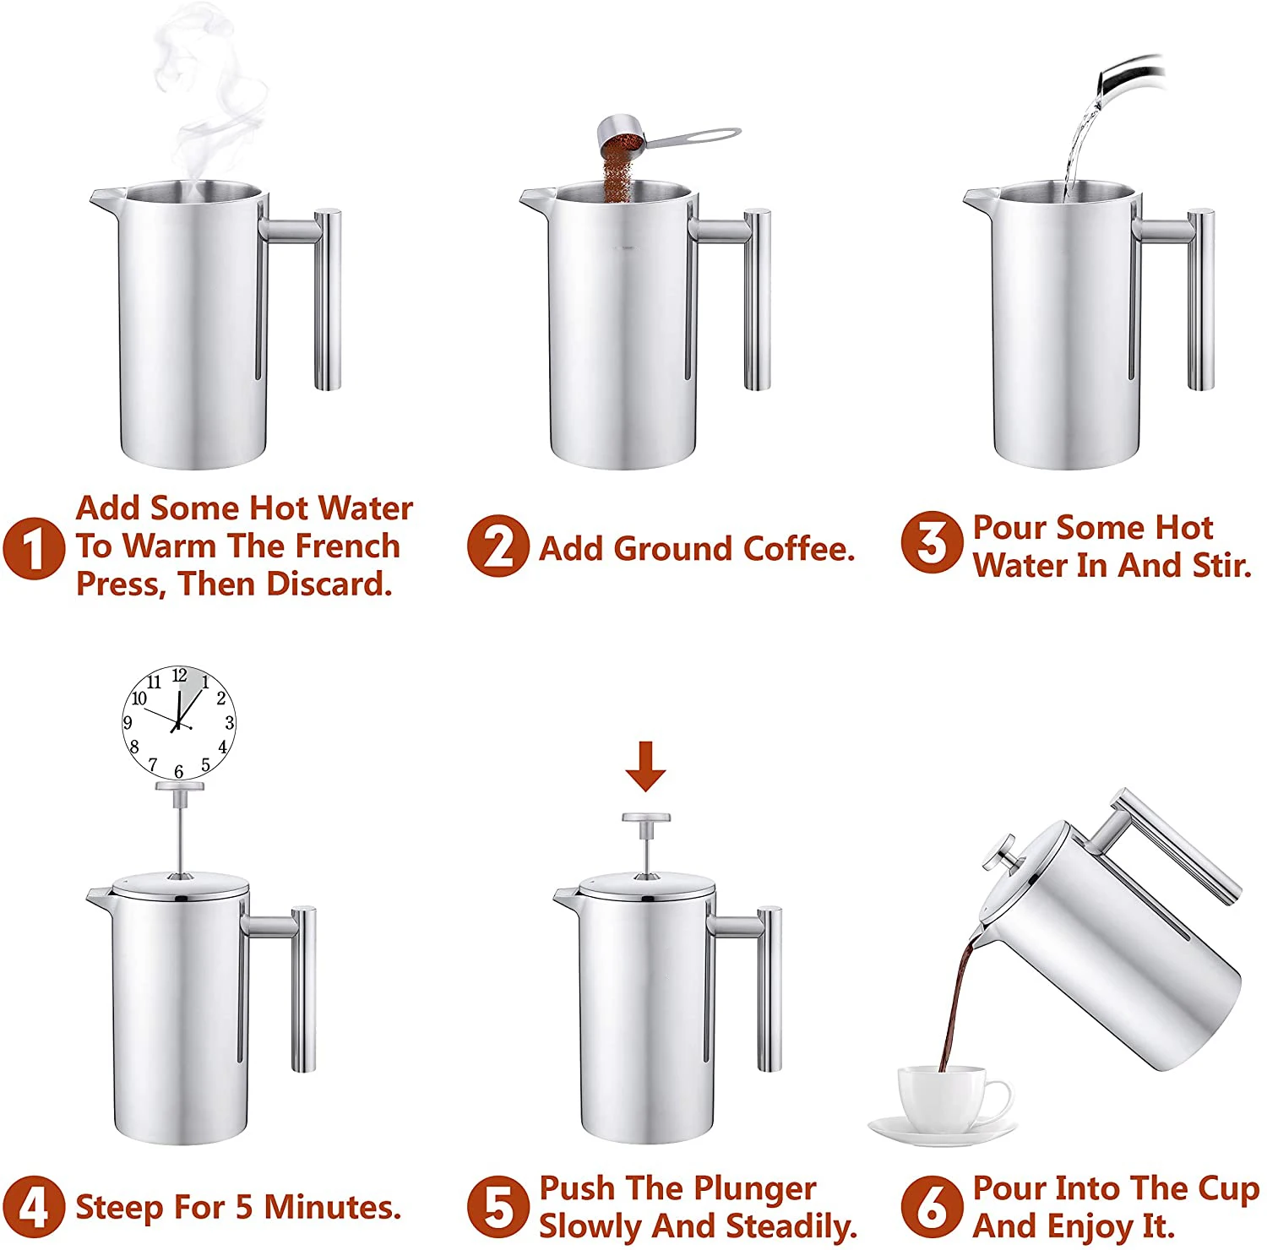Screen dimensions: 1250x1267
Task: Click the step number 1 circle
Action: (34, 547)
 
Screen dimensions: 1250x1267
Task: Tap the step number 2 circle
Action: (498, 546)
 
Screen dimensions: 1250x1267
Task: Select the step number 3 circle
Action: (932, 542)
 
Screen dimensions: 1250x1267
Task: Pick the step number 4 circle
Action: (34, 1207)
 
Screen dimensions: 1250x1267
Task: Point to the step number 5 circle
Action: (498, 1207)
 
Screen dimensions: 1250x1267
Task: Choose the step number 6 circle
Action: (932, 1206)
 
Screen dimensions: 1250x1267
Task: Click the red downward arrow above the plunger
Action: (646, 766)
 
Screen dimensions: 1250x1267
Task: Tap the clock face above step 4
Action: (178, 723)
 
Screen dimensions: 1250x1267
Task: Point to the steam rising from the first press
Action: (207, 93)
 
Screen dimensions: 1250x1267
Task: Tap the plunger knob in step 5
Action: (646, 818)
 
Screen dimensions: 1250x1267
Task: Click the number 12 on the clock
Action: (179, 676)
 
